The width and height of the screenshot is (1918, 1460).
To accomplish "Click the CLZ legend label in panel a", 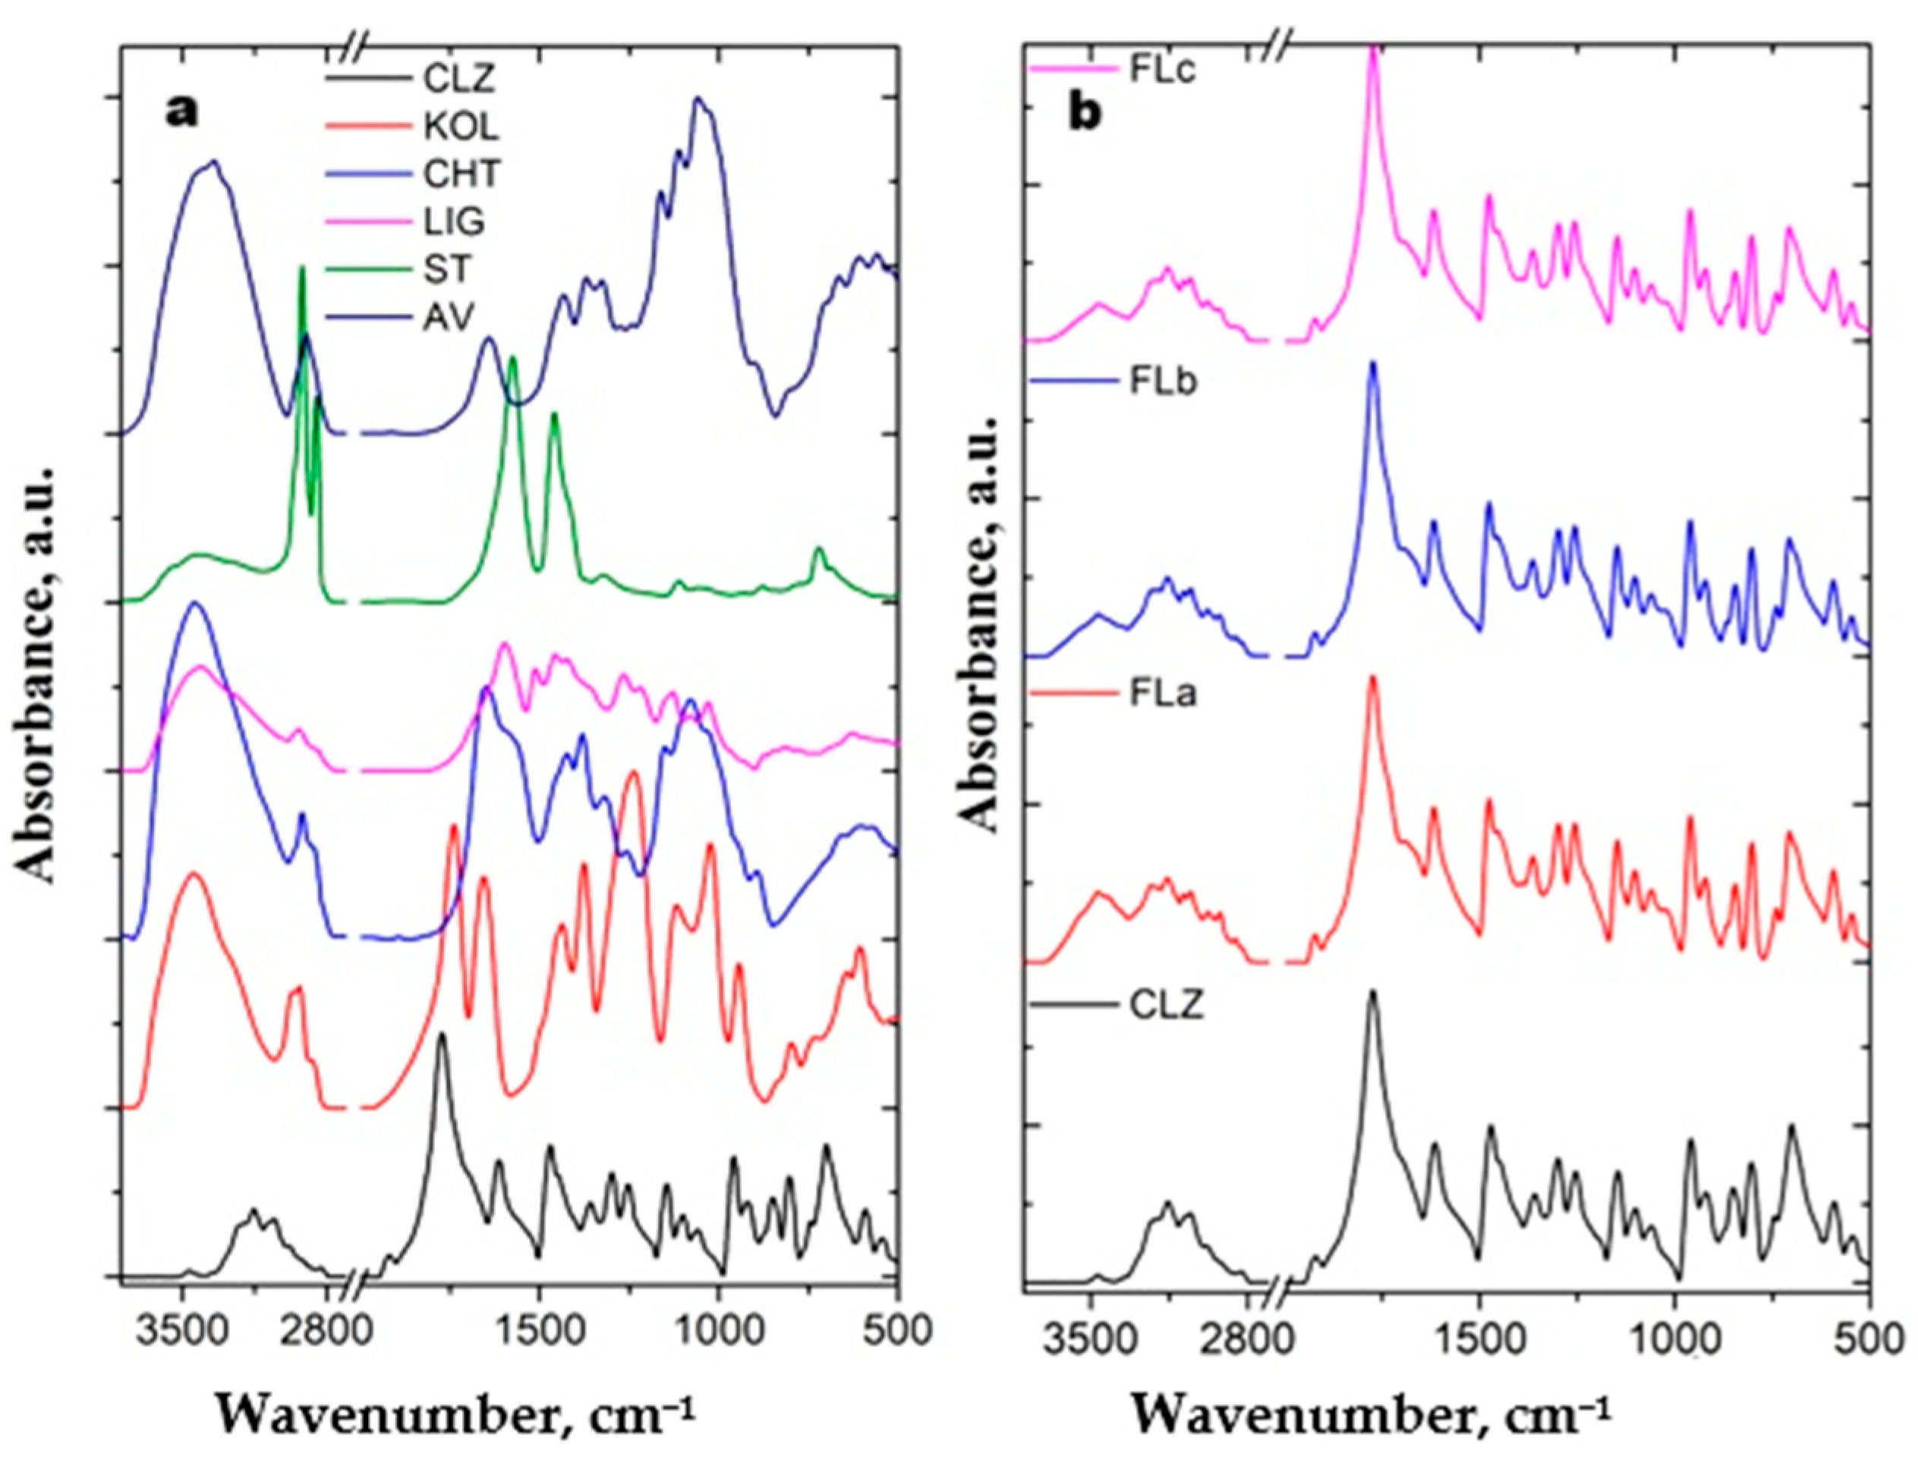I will pyautogui.click(x=458, y=79).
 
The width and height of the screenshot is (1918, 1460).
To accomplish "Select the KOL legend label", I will pyautogui.click(x=461, y=127).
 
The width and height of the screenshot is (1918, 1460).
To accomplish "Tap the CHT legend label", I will pyautogui.click(x=461, y=174).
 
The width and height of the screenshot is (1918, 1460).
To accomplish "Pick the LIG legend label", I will pyautogui.click(x=454, y=222).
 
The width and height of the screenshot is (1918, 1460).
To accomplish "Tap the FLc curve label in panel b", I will pyautogui.click(x=1163, y=70).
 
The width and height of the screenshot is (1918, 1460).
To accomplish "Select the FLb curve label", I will pyautogui.click(x=1164, y=382).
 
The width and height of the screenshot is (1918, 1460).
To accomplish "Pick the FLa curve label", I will pyautogui.click(x=1164, y=695).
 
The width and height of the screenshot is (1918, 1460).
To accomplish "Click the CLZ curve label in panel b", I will pyautogui.click(x=1167, y=1007).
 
